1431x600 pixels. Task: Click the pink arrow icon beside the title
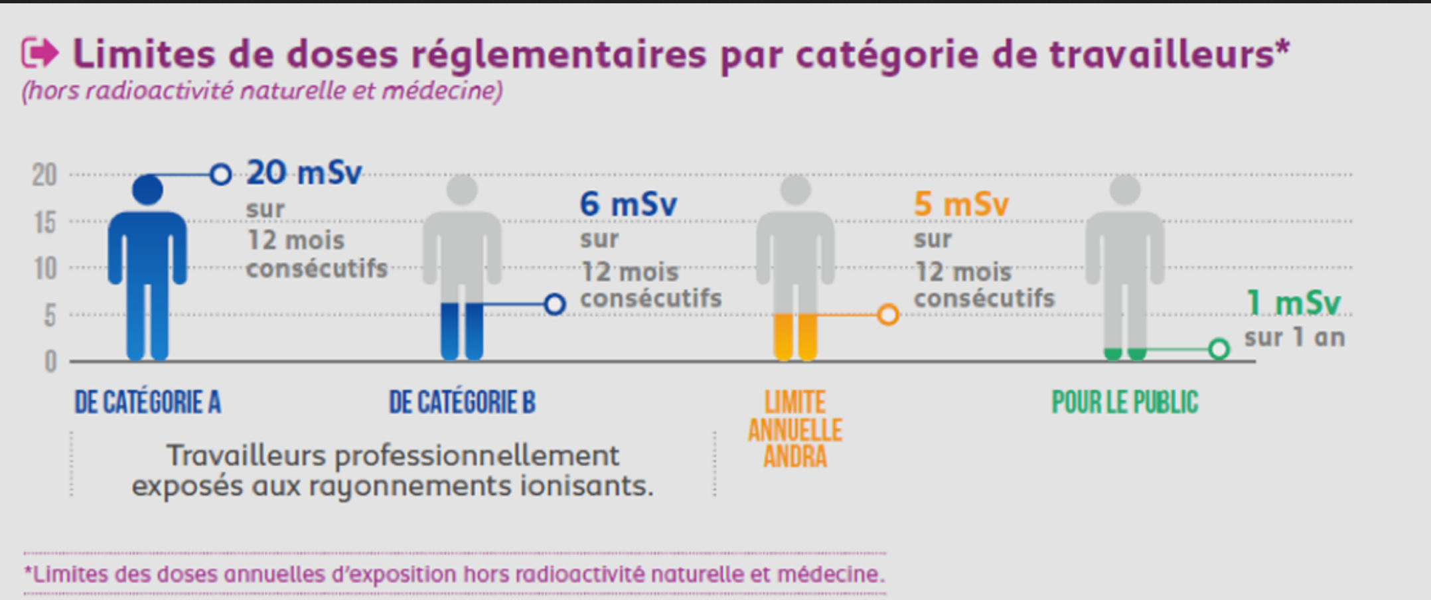(40, 53)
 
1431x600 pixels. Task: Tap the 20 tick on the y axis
(44, 175)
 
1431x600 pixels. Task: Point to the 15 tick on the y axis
(44, 222)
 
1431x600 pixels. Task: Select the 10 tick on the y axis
(44, 269)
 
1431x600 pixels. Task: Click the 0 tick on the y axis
(50, 362)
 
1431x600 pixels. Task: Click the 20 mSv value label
(304, 173)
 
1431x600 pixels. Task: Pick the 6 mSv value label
(628, 204)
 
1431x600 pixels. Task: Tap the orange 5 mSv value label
(961, 204)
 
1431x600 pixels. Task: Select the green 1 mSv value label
(1294, 303)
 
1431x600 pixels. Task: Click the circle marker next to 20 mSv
(220, 175)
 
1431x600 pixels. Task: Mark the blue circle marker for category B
(555, 305)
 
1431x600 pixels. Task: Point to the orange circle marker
(888, 315)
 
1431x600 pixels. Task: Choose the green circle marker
(1219, 349)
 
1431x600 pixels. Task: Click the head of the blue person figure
(147, 190)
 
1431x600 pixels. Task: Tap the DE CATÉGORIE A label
(147, 403)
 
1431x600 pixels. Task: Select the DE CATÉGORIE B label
(462, 403)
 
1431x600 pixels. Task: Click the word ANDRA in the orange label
(795, 457)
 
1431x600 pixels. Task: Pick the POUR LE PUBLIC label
(1125, 403)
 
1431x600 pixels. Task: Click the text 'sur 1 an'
(1294, 338)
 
